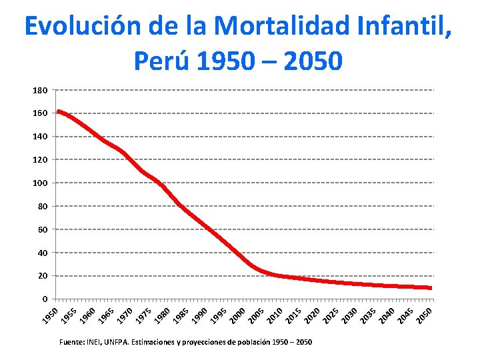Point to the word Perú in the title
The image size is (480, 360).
point(160,61)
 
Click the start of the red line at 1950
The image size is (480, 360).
point(59,111)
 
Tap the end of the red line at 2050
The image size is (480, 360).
point(431,288)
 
